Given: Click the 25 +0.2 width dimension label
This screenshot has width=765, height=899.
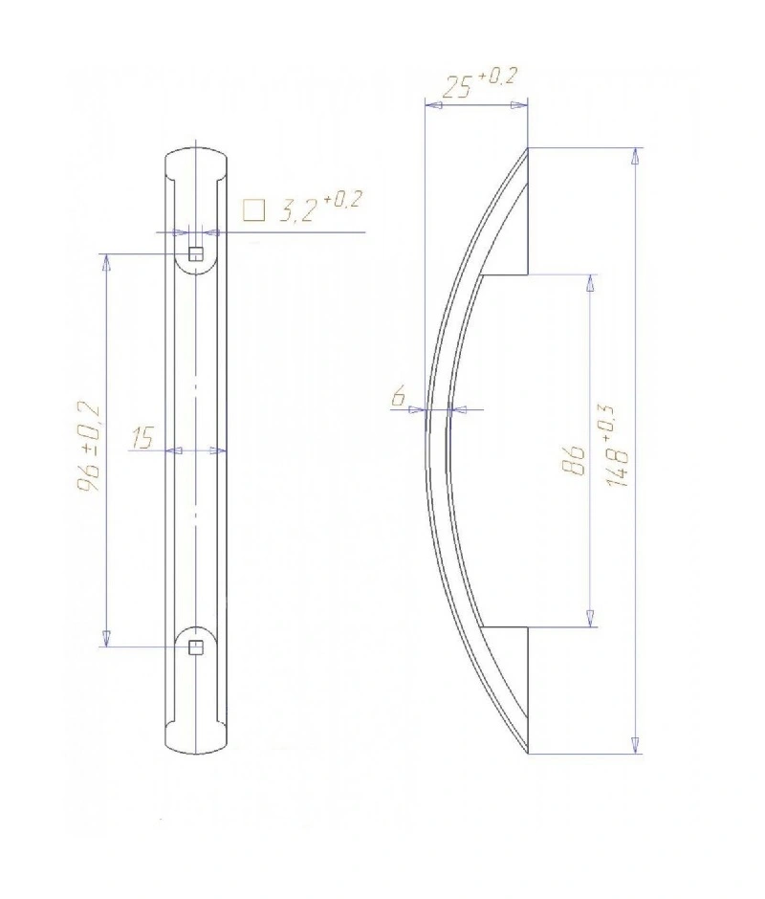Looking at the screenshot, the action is click(x=479, y=84).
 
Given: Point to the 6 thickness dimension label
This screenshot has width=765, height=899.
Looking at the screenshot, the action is click(x=399, y=396).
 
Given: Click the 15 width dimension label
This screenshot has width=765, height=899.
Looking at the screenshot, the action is click(x=142, y=437).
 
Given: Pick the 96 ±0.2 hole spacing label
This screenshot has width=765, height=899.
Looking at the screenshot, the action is click(x=88, y=448).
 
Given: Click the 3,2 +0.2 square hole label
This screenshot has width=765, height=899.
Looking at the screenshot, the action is click(x=320, y=208).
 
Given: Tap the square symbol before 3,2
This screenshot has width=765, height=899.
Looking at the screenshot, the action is click(x=254, y=210).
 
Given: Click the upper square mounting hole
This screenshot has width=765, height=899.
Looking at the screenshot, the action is click(x=196, y=253).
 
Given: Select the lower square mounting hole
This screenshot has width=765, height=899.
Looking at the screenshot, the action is click(x=196, y=647).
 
